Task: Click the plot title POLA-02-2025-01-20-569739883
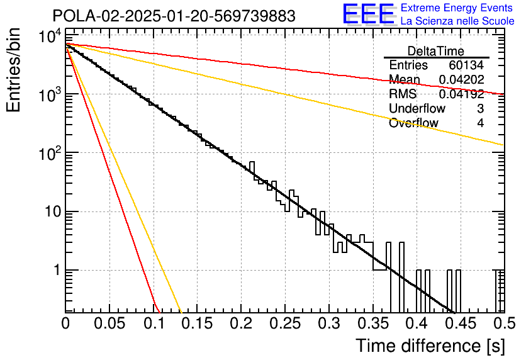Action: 174,16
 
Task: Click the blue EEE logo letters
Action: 369,14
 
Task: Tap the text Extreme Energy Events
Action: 457,8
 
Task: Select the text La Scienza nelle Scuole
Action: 457,21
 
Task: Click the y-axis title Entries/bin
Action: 14,70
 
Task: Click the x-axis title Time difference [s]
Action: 430,346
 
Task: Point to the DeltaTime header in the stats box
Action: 436,51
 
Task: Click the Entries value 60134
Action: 466,65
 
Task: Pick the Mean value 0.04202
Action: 461,79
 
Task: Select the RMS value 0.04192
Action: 461,94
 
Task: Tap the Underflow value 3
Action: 480,108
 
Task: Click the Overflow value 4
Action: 480,123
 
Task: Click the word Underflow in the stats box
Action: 417,108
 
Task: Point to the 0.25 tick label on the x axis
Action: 286,323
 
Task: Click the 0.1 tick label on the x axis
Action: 154,323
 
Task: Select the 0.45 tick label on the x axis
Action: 461,323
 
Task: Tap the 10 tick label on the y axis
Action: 52,211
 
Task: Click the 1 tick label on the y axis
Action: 57,270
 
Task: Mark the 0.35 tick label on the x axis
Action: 373,323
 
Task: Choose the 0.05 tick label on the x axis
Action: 109,323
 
